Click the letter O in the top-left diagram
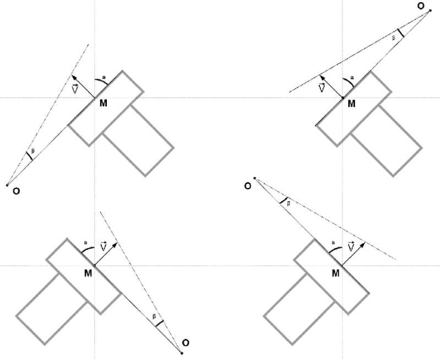(x=16, y=192)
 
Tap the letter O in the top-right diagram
(x=421, y=6)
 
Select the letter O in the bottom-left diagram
(x=186, y=343)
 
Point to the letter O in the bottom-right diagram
(x=248, y=186)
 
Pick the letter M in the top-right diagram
(x=352, y=103)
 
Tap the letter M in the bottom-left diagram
(x=88, y=272)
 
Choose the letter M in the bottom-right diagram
(x=336, y=272)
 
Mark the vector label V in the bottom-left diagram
(x=103, y=248)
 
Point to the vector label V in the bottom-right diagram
(x=351, y=248)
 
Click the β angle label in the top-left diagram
(x=32, y=150)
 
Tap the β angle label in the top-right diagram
(x=394, y=37)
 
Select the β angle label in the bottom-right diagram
(x=289, y=203)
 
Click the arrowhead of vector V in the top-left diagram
(x=74, y=76)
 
